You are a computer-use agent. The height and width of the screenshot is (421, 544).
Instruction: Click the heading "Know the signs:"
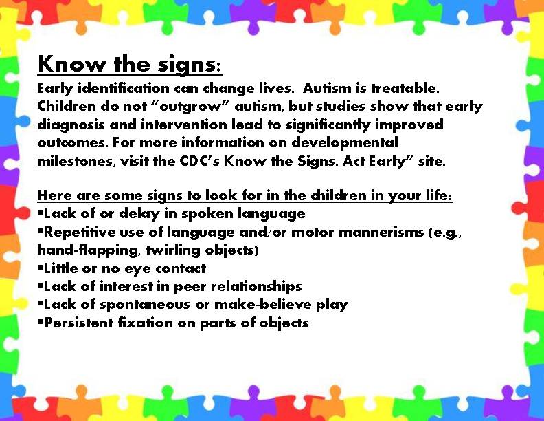tap(130, 65)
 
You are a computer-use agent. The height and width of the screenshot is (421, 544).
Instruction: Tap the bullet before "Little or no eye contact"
tap(41, 268)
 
